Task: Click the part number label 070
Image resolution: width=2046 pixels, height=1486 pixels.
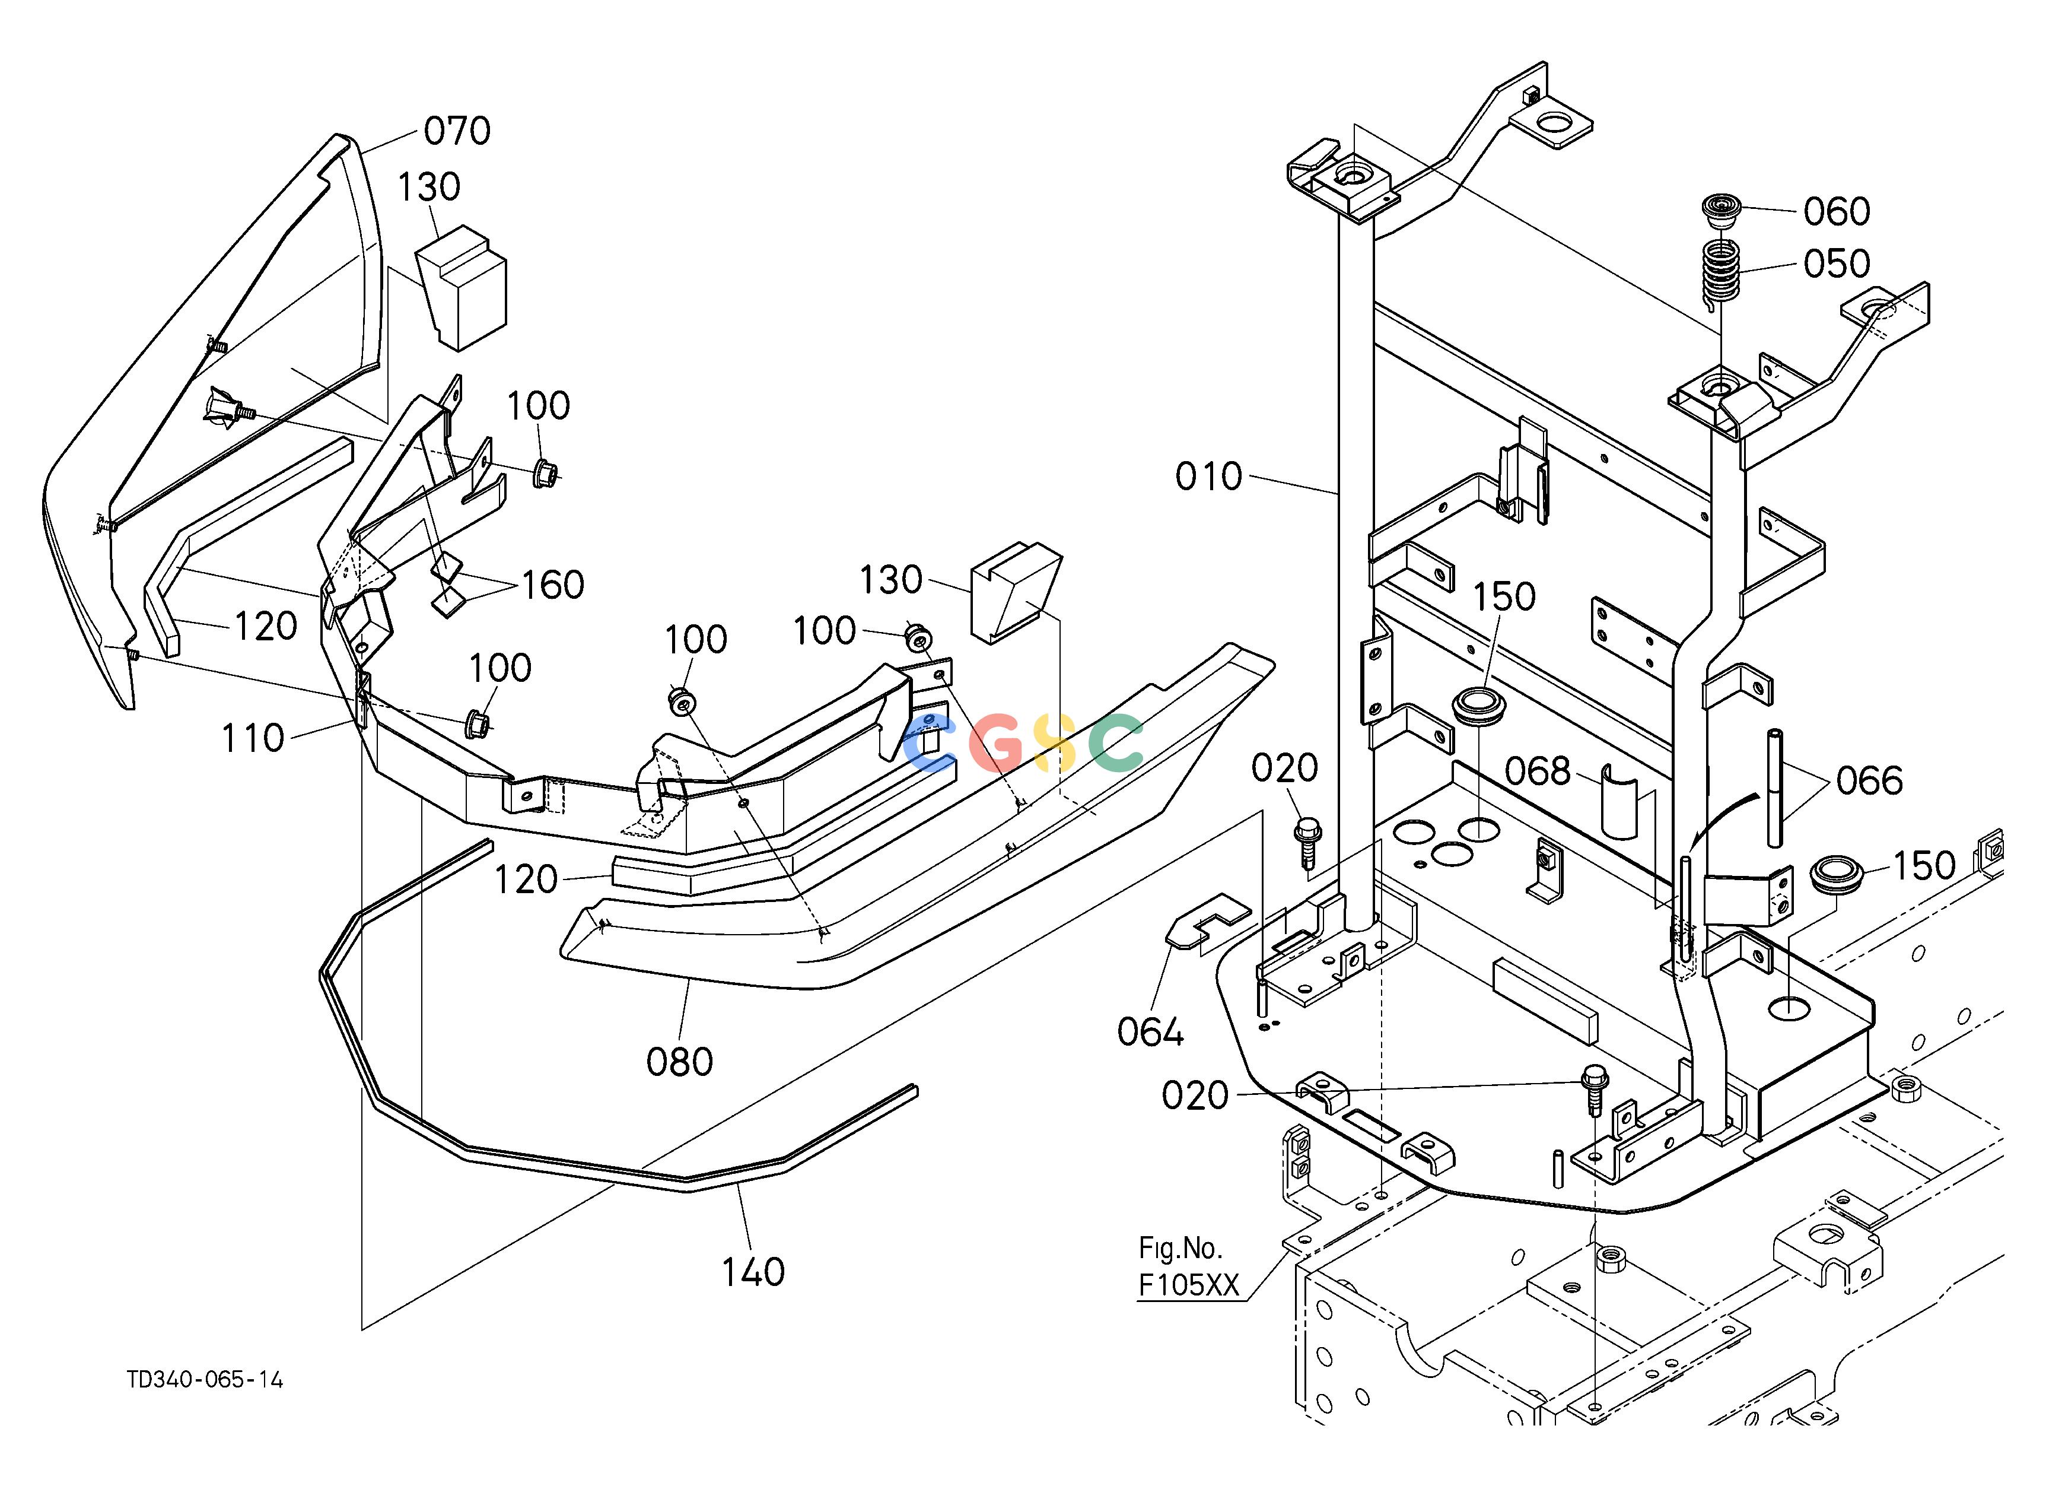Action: pos(457,132)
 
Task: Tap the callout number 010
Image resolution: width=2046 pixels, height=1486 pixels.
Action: pos(1209,477)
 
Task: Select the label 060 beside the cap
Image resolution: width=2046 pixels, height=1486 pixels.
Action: pos(1837,212)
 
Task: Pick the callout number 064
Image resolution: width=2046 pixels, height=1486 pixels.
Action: pos(1151,1033)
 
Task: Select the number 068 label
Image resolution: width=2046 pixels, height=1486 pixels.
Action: pos(1538,771)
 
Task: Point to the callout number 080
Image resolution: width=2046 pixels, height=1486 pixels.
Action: pos(679,1063)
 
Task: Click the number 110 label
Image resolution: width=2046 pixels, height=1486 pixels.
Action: pos(253,739)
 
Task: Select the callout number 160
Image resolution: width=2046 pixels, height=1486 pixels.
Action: pos(552,586)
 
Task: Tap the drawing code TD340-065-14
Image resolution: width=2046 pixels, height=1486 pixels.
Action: pos(205,1380)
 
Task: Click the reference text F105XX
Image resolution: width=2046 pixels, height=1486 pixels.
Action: pos(1189,1285)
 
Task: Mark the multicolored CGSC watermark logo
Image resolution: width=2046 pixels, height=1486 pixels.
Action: pos(1023,742)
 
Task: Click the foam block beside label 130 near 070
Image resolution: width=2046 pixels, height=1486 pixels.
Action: pos(461,287)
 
